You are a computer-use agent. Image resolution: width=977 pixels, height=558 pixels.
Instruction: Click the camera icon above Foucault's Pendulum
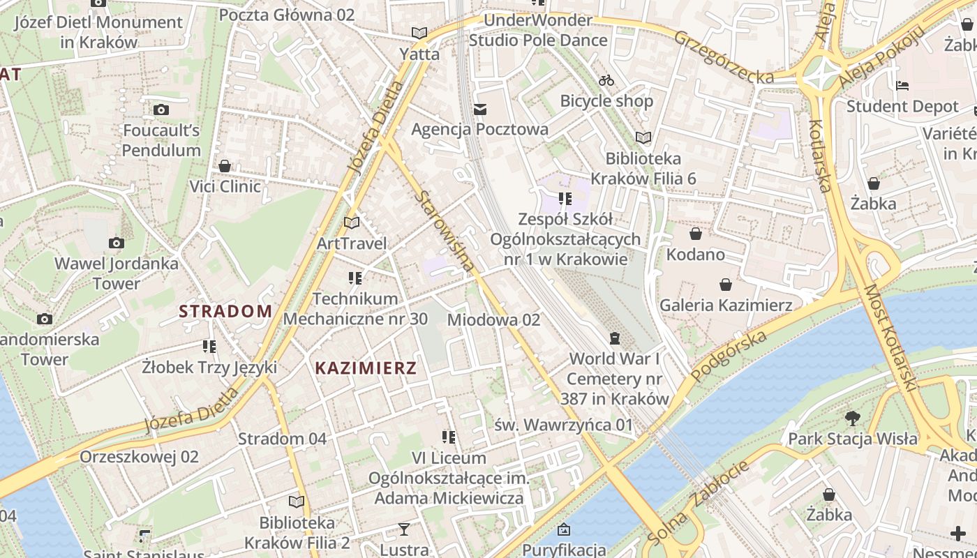161,110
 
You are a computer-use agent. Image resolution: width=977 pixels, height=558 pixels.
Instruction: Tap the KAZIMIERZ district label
365,368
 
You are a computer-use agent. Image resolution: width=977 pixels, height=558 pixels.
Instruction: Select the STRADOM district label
225,311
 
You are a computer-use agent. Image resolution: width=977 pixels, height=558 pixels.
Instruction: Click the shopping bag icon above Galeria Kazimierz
726,284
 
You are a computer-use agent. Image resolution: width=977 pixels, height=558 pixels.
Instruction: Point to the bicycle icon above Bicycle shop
606,80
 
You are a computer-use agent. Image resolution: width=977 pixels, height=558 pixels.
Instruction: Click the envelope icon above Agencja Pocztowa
479,109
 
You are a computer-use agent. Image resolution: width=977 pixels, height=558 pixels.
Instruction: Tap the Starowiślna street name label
445,231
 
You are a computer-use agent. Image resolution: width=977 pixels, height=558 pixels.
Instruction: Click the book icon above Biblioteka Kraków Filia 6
643,137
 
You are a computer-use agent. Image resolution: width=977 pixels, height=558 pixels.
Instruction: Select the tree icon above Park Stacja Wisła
852,418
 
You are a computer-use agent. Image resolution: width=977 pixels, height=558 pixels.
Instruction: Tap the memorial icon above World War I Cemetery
614,338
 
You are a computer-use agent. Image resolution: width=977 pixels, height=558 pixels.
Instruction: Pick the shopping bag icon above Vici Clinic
225,166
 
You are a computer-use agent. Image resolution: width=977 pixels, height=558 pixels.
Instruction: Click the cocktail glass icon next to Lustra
403,529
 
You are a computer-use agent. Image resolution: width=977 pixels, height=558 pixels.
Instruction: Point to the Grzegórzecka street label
724,56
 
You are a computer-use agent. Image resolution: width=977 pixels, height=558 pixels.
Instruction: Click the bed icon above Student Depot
902,86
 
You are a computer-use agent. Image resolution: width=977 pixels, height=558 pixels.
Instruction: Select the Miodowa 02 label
493,319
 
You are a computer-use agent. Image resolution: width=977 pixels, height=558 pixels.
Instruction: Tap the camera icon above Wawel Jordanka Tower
117,243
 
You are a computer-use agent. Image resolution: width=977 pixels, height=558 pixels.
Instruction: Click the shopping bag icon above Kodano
695,233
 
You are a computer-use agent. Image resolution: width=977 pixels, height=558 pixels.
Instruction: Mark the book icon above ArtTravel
352,223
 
